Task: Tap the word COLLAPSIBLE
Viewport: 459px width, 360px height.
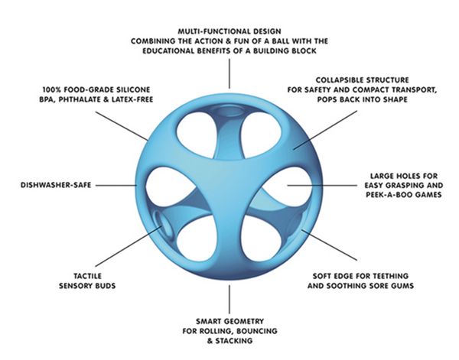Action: click(x=337, y=79)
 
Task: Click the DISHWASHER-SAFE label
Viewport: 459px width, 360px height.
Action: click(x=56, y=185)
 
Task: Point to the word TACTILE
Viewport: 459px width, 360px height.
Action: click(x=87, y=276)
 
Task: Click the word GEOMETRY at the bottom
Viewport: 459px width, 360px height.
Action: click(x=246, y=321)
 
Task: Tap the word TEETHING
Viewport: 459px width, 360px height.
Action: click(x=389, y=276)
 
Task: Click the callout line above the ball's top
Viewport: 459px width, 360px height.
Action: click(x=229, y=73)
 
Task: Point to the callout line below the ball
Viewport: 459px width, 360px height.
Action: click(x=229, y=299)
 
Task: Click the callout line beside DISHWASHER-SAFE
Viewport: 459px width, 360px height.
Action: click(x=116, y=185)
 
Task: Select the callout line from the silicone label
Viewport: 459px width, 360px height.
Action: click(x=122, y=126)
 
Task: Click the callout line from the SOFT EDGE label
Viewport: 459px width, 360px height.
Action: click(x=329, y=245)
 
